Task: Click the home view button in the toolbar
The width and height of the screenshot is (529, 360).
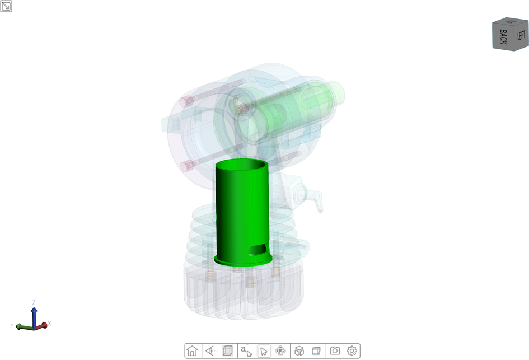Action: tap(193, 351)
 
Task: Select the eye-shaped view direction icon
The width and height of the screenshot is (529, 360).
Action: tap(210, 351)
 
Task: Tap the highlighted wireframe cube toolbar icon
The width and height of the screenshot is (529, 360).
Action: tap(228, 351)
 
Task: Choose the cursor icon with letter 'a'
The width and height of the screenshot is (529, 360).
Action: tap(246, 351)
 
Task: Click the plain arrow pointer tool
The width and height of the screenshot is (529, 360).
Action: tap(264, 351)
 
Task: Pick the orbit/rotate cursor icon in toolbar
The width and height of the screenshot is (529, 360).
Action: tap(281, 351)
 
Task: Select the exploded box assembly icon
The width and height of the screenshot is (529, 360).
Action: tap(299, 351)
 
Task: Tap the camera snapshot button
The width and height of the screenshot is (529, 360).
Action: tap(335, 351)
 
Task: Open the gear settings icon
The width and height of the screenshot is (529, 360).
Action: tap(352, 351)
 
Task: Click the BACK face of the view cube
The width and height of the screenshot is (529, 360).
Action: tap(503, 38)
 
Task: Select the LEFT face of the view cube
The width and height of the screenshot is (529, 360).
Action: tap(521, 35)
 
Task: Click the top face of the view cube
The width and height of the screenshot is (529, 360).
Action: tap(511, 21)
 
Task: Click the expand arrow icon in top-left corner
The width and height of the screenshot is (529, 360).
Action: tap(6, 6)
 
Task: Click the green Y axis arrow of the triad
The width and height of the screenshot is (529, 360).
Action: tap(21, 326)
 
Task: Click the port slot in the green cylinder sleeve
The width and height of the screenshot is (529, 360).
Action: tap(258, 249)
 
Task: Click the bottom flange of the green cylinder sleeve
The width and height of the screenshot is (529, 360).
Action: tap(243, 261)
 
